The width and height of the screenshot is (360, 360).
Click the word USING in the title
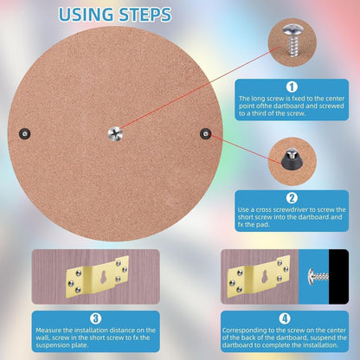click(86, 15)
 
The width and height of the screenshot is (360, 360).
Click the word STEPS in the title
click(145, 15)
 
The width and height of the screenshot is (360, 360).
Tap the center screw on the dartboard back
click(115, 134)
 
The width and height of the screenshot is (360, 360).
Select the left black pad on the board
click(25, 133)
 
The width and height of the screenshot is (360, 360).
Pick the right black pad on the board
click(205, 134)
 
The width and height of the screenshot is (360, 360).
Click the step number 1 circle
click(292, 87)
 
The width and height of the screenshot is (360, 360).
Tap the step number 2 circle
click(292, 198)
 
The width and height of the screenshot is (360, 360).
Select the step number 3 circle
click(95, 318)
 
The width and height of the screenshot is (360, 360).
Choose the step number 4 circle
click(285, 318)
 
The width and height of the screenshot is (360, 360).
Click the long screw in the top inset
click(293, 40)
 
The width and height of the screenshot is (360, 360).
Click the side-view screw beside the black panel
click(318, 277)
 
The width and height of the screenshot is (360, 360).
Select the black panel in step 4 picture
click(339, 276)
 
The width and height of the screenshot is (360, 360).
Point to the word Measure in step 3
click(48, 330)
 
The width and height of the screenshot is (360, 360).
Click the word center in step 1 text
click(335, 99)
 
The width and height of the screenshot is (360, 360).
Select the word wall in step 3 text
click(42, 337)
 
